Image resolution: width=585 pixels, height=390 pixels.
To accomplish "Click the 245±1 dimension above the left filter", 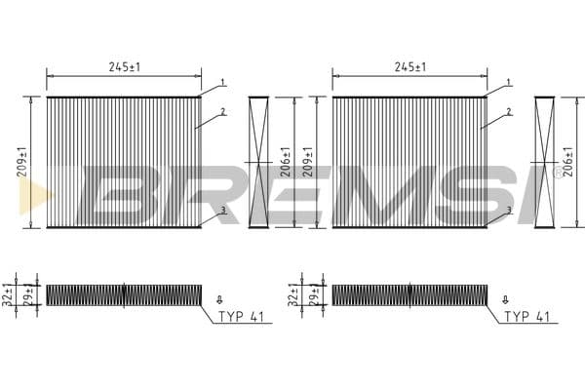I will click(x=124, y=66).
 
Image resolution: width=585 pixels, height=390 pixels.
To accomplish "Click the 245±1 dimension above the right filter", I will click(x=409, y=66).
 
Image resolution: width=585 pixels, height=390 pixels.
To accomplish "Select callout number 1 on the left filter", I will click(x=222, y=82).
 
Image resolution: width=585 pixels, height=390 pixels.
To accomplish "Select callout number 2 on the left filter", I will click(x=222, y=112).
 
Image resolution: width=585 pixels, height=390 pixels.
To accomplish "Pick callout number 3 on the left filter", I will click(x=222, y=210).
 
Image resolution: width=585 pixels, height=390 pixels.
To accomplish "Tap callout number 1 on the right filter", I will click(x=508, y=82).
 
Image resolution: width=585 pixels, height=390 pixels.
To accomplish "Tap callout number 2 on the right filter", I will click(x=508, y=112).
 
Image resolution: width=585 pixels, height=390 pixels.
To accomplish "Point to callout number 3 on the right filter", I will click(x=508, y=210).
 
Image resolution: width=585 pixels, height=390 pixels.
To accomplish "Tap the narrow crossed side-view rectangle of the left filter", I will click(x=258, y=162).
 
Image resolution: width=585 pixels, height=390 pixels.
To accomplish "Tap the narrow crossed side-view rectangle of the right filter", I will click(x=544, y=162).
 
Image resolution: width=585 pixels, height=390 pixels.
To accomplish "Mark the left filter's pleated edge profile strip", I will click(x=124, y=294).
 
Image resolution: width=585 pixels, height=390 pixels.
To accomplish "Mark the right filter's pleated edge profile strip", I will click(x=409, y=294).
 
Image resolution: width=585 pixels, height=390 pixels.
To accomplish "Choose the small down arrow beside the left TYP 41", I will click(x=218, y=298).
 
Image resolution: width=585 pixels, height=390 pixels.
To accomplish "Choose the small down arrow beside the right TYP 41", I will click(x=504, y=298).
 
